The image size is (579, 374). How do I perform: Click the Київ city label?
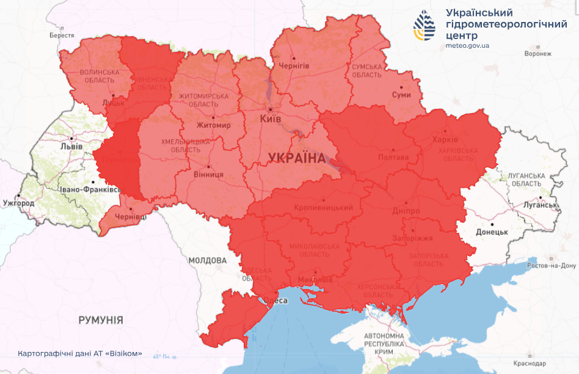(x=271, y=119)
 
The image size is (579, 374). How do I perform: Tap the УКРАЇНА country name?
(x=297, y=158)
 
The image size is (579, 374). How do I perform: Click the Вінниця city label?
(x=209, y=174)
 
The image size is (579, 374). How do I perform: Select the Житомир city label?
(x=214, y=125)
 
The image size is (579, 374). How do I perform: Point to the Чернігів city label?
(x=293, y=65)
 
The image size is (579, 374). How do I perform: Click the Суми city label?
(x=401, y=95)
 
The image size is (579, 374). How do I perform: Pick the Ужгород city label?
(x=18, y=202)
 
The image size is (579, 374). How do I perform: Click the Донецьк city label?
(x=492, y=232)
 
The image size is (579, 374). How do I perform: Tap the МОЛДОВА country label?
(x=207, y=260)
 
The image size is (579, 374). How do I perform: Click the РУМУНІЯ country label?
(x=101, y=320)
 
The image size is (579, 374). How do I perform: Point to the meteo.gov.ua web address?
(x=467, y=45)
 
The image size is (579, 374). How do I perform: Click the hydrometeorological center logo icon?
(x=426, y=26)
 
